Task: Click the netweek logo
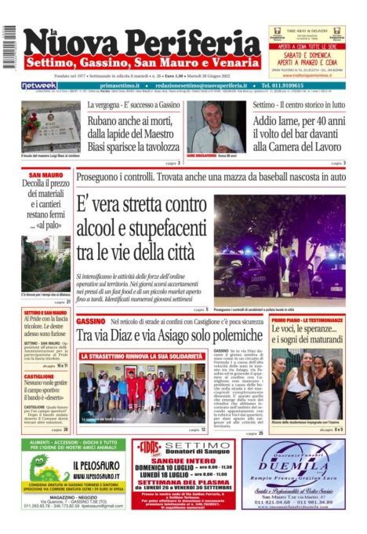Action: click(x=39, y=86)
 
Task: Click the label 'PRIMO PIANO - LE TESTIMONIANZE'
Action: click(x=307, y=321)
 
